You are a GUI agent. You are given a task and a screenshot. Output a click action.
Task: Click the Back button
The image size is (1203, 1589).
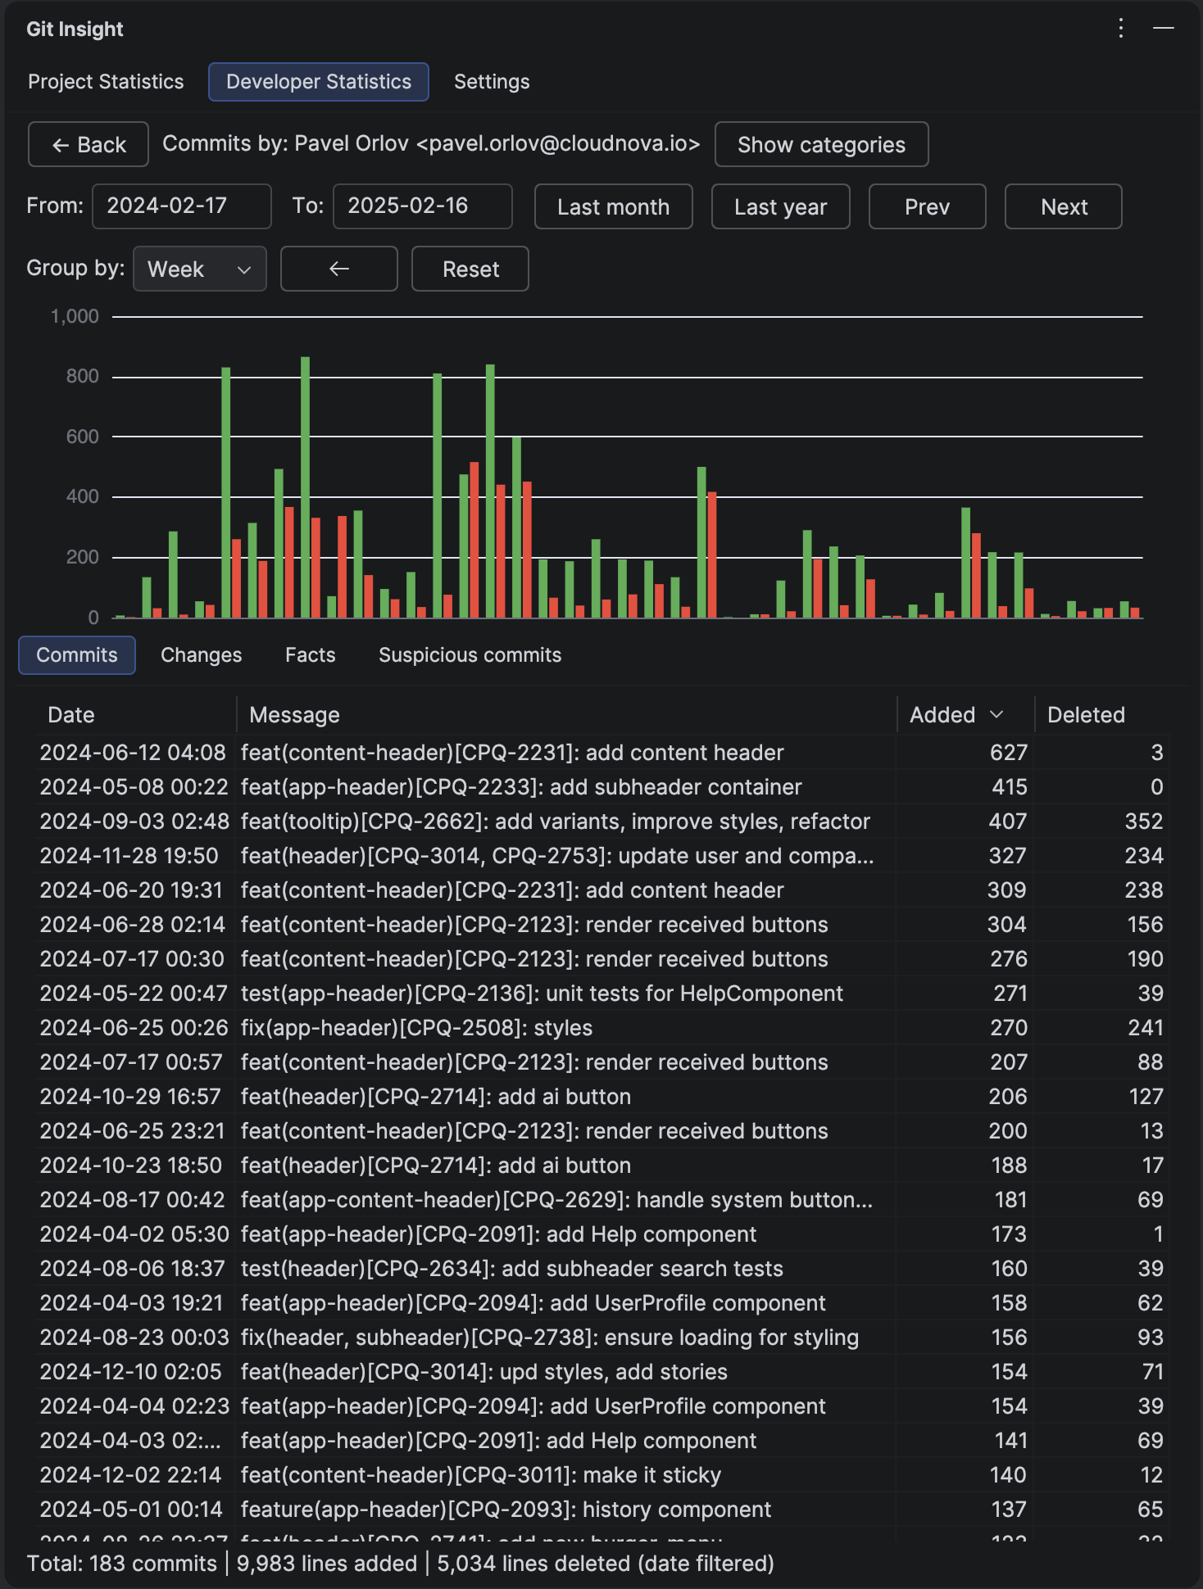(89, 145)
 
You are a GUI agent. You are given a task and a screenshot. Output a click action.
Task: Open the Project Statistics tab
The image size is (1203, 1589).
(106, 82)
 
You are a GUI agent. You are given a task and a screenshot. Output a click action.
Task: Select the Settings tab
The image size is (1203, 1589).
(492, 82)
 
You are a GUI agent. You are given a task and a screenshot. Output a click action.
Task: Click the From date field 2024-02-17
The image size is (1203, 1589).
(181, 206)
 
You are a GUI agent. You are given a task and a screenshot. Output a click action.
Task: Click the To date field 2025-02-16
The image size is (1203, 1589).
(422, 206)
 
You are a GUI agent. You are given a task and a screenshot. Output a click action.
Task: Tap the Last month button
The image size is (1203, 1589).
(613, 207)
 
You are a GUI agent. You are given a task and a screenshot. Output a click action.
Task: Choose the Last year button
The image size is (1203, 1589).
(780, 207)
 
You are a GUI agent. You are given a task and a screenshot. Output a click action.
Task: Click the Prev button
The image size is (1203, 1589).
(927, 207)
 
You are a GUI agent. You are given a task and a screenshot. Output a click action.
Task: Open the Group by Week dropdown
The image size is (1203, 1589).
(199, 269)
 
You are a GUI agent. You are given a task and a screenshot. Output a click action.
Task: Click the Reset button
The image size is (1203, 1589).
(470, 269)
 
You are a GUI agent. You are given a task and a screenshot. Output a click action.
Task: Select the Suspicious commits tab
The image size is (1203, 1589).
(470, 655)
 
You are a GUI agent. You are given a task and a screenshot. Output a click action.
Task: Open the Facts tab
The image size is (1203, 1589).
(310, 655)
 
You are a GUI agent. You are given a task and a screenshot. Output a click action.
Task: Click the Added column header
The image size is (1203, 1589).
(943, 715)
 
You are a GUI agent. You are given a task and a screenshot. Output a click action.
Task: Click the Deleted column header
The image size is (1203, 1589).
(1086, 715)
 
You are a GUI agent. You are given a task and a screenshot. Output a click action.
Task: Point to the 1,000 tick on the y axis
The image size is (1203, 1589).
(75, 316)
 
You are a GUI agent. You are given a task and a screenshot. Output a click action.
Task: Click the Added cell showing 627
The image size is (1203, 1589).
(1008, 753)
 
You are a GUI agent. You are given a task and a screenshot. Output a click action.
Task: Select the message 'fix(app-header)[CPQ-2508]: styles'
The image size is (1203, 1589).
(416, 1028)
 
